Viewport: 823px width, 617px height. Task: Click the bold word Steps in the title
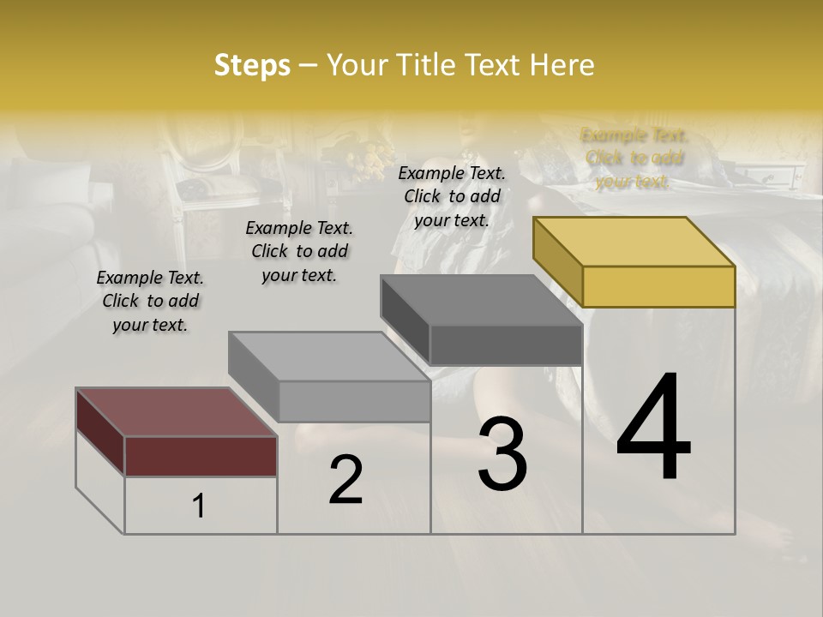[252, 65]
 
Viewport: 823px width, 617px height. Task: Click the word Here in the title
[562, 65]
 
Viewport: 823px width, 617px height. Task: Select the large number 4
[653, 428]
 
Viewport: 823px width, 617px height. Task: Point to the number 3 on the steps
[502, 454]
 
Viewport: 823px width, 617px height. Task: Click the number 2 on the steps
[345, 480]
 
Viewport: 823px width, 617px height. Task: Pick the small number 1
[198, 506]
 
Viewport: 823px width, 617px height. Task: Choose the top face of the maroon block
[177, 412]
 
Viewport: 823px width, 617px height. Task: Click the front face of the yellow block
[658, 286]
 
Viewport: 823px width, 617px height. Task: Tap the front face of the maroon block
[201, 456]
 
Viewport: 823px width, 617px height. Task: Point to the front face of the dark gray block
[506, 344]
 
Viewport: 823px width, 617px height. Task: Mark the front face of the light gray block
[354, 401]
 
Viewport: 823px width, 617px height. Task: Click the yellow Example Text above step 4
[634, 158]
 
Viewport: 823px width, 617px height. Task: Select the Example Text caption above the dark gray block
[452, 196]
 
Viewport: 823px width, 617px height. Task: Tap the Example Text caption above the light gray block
[299, 251]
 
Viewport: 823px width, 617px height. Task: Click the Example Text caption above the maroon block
[150, 301]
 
